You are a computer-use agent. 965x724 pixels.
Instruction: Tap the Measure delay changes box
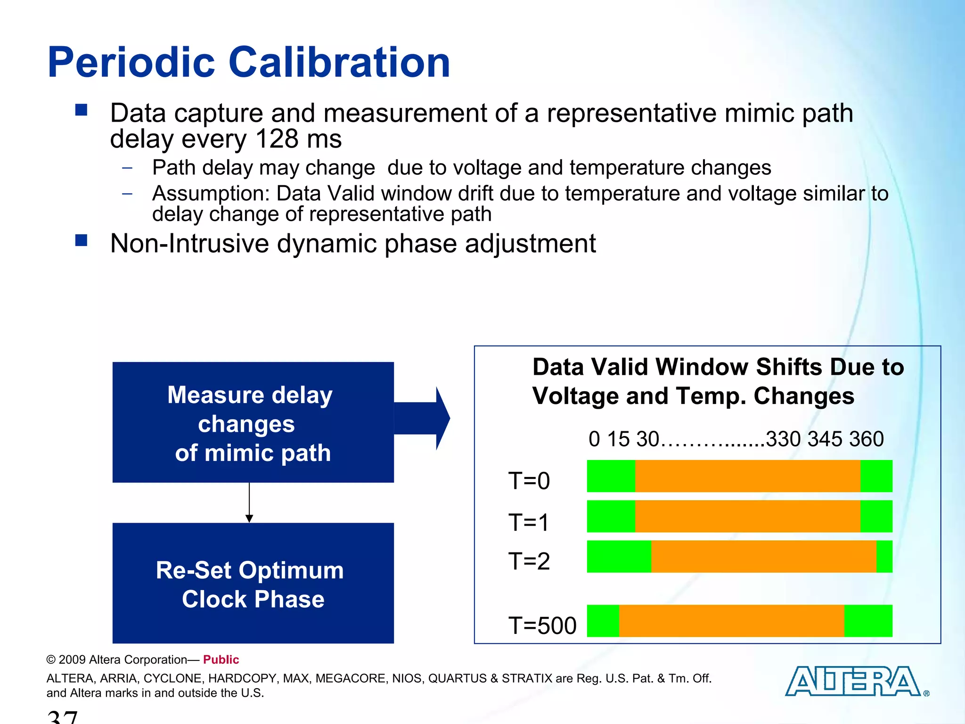[x=253, y=422]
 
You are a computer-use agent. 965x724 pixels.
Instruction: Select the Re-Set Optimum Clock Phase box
[x=253, y=583]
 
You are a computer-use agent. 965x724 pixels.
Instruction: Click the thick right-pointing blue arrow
[x=422, y=418]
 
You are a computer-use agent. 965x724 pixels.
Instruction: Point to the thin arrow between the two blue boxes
[x=249, y=502]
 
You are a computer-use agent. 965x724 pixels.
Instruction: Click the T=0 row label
[x=529, y=481]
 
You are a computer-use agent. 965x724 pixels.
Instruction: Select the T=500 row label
[x=542, y=625]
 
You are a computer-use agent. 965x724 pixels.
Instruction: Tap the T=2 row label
[x=529, y=561]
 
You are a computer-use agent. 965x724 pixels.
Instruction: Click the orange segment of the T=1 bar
[x=747, y=516]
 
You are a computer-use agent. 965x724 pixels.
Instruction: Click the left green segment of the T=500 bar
[x=603, y=621]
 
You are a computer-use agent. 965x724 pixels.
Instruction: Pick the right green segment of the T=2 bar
[x=884, y=556]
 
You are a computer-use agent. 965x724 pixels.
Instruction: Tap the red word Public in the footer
[x=221, y=659]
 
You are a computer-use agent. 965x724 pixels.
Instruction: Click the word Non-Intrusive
[x=189, y=244]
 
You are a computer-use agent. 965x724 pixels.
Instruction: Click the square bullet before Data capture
[x=82, y=111]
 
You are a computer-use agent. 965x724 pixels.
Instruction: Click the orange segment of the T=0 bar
[x=747, y=476]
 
